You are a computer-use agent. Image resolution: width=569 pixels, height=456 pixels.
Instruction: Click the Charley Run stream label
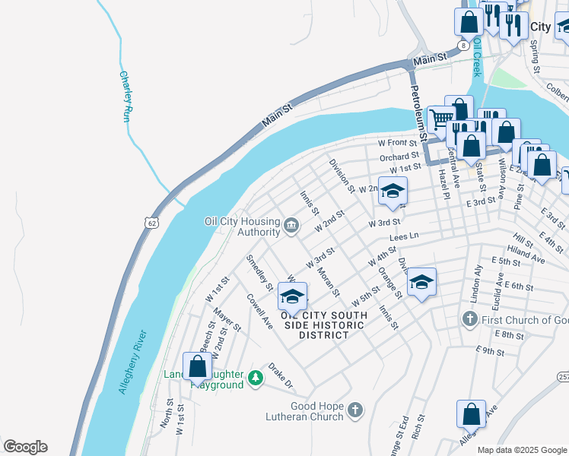(x=126, y=97)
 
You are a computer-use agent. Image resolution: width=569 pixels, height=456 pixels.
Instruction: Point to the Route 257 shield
(x=563, y=378)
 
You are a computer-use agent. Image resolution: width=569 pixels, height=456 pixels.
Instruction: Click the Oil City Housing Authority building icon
(x=291, y=225)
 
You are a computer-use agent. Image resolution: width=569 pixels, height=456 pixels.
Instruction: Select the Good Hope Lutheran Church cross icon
(x=354, y=411)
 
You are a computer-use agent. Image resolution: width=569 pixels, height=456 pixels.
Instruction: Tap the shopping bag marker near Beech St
(x=198, y=366)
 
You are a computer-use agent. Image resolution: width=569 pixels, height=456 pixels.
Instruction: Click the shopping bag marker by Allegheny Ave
(x=471, y=414)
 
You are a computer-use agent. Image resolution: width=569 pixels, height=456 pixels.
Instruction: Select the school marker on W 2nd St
(x=393, y=191)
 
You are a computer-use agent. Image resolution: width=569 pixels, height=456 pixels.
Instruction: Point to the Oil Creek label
(x=477, y=59)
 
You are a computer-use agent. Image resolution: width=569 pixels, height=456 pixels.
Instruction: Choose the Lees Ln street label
(x=404, y=238)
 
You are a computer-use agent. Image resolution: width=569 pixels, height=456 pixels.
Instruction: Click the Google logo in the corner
(x=24, y=447)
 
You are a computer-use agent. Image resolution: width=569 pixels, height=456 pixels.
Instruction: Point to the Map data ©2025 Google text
(x=521, y=450)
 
